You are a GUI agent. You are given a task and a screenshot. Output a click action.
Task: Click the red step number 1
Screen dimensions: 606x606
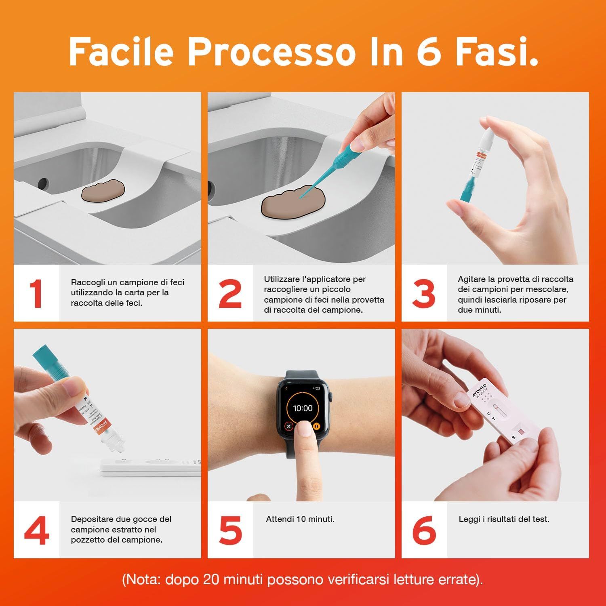(x=36, y=294)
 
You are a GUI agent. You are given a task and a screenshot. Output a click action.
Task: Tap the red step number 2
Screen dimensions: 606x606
(x=230, y=294)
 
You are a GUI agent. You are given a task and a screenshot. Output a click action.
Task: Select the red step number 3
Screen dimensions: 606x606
(x=424, y=294)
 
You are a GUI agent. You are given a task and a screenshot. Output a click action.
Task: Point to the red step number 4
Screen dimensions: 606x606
(x=36, y=530)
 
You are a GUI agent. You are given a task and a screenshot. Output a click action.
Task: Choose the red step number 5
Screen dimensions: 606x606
(x=230, y=530)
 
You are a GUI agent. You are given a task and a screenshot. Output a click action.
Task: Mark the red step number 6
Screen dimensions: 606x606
(x=424, y=530)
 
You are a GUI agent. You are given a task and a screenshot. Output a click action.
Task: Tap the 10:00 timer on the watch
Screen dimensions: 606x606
(x=303, y=408)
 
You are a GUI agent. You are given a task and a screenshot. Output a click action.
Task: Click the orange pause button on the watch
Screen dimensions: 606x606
(x=317, y=426)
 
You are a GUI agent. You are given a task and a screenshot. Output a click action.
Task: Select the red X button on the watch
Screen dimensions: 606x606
(x=288, y=426)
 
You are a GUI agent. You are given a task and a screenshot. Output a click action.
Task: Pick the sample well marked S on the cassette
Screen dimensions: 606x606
(x=520, y=433)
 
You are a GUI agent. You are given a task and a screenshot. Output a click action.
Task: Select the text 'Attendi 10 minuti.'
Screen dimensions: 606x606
(x=300, y=519)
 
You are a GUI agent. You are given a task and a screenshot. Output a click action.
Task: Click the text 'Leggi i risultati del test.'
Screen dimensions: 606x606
(x=504, y=519)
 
